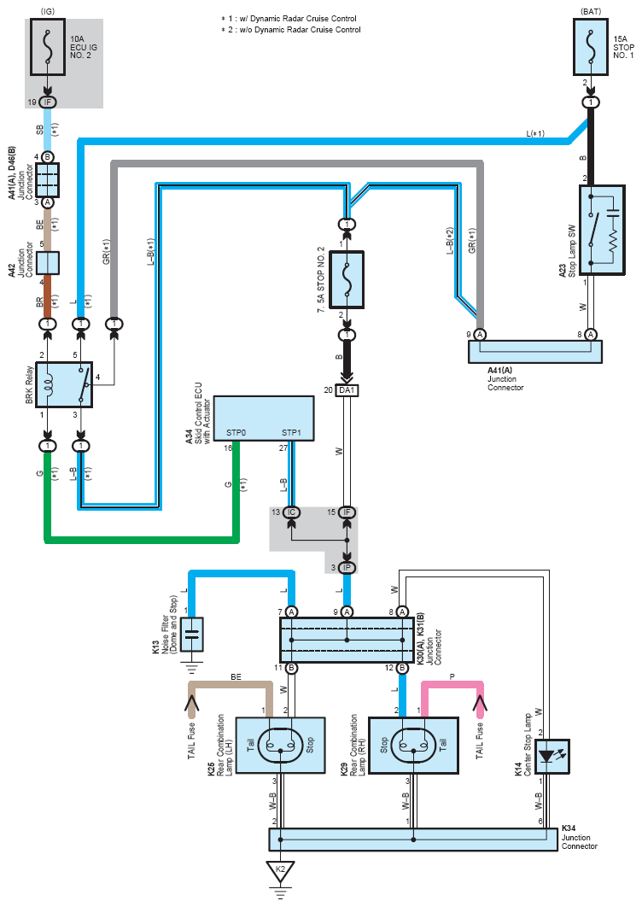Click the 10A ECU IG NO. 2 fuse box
[48, 47]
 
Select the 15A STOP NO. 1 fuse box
[591, 47]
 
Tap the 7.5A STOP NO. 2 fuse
[347, 280]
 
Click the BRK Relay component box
[64, 384]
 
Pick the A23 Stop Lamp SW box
[602, 230]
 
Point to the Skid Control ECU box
[264, 418]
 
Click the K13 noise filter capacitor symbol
[192, 635]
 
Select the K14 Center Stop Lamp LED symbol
[552, 757]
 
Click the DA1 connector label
[347, 390]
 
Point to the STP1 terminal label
[291, 433]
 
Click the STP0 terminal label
[236, 433]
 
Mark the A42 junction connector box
[48, 262]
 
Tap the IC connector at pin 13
[291, 512]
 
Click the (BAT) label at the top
[591, 11]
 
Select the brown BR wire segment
[48, 296]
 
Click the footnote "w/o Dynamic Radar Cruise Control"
[301, 30]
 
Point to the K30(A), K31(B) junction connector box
[347, 640]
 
